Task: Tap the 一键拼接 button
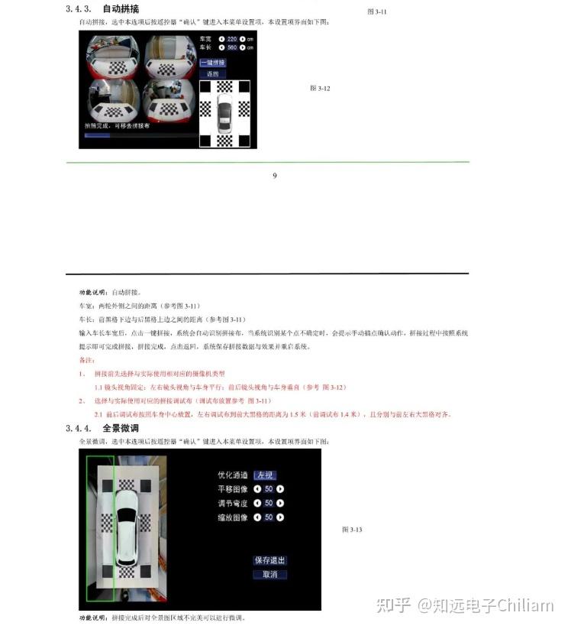point(212,63)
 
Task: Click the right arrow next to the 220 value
point(242,38)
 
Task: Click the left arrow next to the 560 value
point(221,47)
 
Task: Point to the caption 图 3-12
point(319,89)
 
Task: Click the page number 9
point(275,176)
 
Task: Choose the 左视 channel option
point(264,475)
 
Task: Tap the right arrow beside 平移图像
point(280,489)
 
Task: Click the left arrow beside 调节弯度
point(257,504)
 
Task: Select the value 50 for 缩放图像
point(269,517)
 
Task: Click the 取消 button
point(269,574)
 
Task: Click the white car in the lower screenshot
point(127,527)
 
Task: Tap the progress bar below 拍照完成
point(98,135)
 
